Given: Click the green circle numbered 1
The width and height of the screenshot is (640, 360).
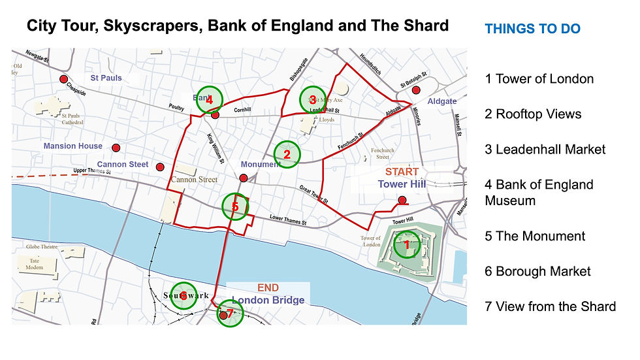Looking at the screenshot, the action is [x=406, y=244].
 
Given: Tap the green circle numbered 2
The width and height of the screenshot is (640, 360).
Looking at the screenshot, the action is [x=286, y=154].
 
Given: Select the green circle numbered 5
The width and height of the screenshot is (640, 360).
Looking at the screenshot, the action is [x=235, y=207].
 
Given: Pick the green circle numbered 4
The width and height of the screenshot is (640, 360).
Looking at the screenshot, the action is [x=209, y=100].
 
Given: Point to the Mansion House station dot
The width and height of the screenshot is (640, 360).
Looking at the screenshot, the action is [x=116, y=148].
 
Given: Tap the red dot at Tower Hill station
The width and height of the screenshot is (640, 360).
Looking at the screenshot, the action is [x=402, y=200].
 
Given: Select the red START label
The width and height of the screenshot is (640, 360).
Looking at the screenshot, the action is [x=402, y=172].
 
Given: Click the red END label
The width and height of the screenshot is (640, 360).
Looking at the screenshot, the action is [x=268, y=288].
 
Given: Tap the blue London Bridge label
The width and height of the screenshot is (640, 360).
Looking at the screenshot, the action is [x=268, y=301].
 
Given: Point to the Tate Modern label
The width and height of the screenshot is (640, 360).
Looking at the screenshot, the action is [x=34, y=264].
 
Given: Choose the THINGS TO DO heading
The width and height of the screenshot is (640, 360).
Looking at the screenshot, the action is [x=532, y=29].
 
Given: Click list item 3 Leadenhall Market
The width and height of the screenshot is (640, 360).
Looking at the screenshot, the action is [x=545, y=150].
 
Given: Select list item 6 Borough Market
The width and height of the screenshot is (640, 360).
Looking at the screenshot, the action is [x=538, y=271].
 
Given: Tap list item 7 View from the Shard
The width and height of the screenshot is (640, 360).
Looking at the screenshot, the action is [x=551, y=306].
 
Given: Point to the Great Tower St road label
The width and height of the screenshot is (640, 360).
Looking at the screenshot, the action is [x=314, y=194].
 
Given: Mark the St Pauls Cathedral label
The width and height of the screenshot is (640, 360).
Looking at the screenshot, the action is [x=72, y=118].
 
